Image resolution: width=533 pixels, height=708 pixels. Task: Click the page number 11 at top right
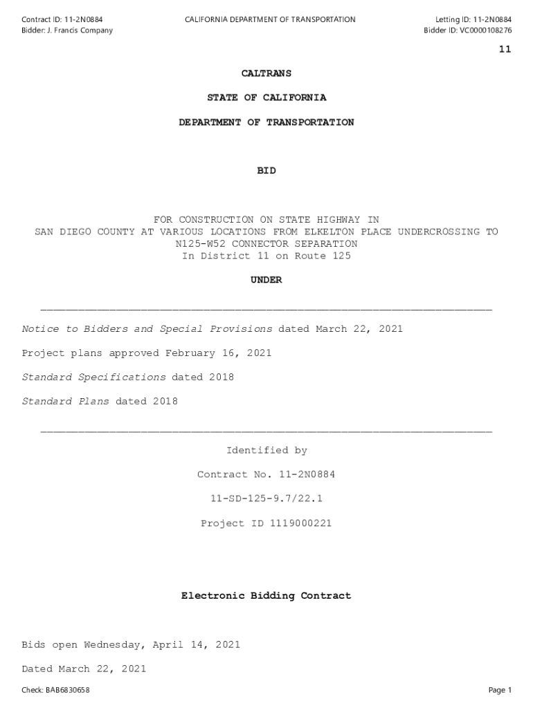tap(505, 49)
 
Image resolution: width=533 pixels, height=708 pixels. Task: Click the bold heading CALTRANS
tap(266, 73)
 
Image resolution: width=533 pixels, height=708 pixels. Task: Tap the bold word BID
tap(266, 171)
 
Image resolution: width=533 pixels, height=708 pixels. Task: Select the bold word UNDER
tap(266, 280)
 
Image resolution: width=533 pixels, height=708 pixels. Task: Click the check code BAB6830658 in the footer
tap(66, 690)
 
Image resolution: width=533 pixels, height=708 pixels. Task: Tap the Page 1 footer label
tap(500, 690)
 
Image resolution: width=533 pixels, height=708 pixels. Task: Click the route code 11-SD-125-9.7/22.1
tap(266, 499)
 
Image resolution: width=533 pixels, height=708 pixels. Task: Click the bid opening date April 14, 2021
tap(194, 645)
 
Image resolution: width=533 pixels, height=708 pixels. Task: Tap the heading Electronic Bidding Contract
tap(266, 595)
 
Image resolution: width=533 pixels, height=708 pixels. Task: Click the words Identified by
tap(266, 451)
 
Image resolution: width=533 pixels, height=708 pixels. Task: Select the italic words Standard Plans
tap(66, 402)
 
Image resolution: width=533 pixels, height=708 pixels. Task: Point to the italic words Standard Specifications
tap(94, 378)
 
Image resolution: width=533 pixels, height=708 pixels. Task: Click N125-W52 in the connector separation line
tap(201, 244)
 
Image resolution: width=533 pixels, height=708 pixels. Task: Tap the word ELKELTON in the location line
tap(327, 232)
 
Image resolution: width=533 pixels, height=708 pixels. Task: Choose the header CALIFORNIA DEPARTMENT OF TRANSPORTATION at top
tap(270, 19)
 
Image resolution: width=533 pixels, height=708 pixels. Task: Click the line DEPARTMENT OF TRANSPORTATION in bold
tap(266, 122)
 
